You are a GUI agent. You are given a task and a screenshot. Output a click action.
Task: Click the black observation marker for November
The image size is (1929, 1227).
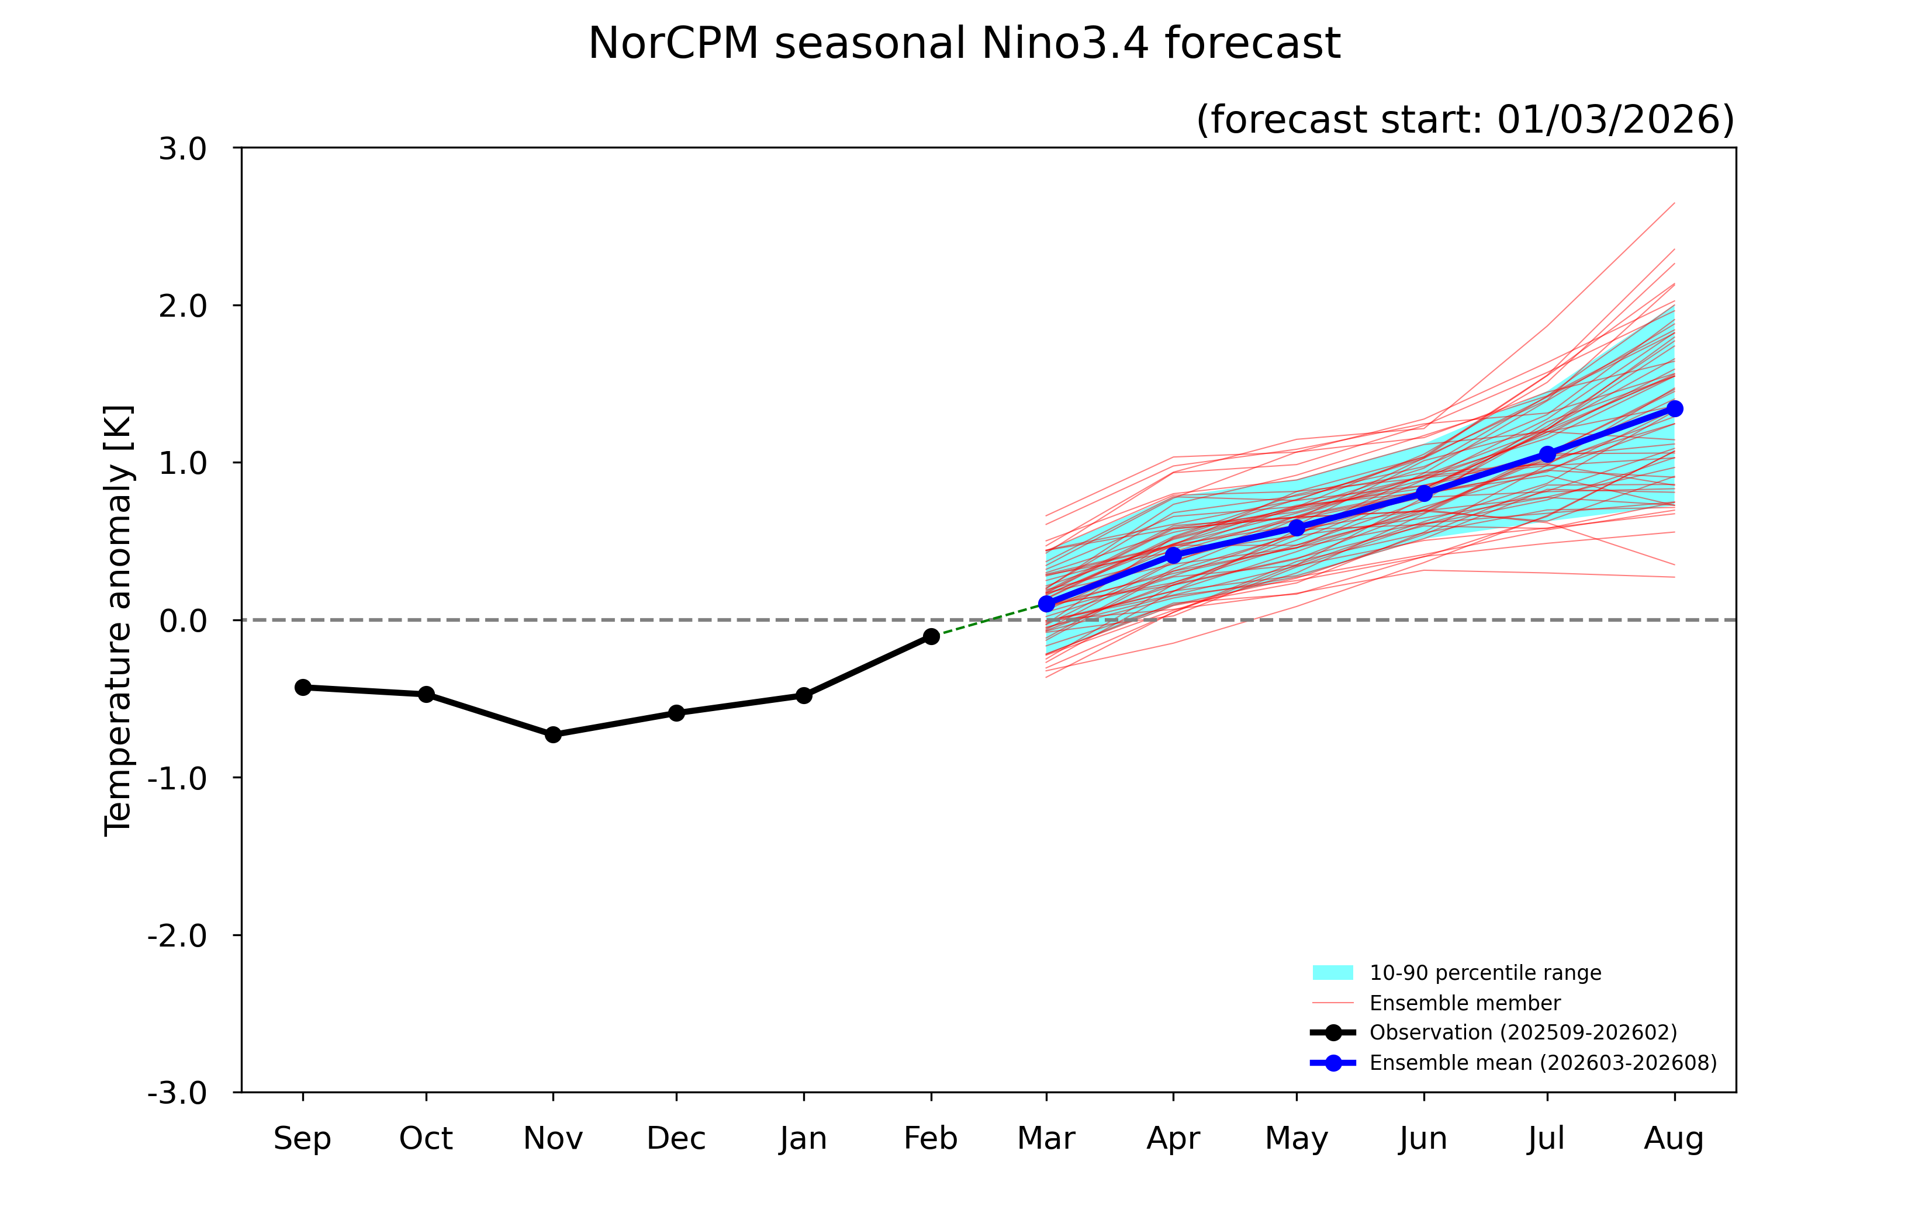[553, 734]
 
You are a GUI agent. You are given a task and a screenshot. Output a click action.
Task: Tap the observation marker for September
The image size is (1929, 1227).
[303, 687]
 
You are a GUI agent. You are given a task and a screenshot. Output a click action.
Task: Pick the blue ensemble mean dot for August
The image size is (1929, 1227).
[1674, 409]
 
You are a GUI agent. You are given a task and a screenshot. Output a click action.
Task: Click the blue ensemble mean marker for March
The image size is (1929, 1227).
[1046, 604]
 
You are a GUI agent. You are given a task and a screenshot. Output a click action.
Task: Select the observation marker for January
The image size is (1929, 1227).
[804, 695]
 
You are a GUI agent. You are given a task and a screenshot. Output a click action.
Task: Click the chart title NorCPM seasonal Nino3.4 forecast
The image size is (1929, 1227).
[964, 43]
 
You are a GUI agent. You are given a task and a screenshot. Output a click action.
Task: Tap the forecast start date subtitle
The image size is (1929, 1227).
[1464, 119]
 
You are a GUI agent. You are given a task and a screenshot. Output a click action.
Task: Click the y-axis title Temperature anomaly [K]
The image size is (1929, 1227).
[119, 621]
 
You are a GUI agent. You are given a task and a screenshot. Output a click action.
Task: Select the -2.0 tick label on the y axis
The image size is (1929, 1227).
[177, 935]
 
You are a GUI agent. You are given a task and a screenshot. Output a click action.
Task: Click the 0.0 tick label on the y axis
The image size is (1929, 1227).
[182, 621]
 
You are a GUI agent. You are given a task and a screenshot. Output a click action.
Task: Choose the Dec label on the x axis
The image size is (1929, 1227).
[676, 1138]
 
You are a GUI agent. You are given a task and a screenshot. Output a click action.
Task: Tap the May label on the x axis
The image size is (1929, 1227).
[1296, 1138]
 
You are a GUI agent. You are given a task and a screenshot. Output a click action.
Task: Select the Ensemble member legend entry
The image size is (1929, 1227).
[1464, 1003]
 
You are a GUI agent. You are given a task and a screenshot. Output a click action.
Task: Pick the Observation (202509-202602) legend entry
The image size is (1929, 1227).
[1522, 1032]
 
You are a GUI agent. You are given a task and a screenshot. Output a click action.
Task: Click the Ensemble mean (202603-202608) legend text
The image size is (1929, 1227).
[1542, 1063]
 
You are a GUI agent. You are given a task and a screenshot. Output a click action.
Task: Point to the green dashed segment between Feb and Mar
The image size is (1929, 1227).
[990, 620]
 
